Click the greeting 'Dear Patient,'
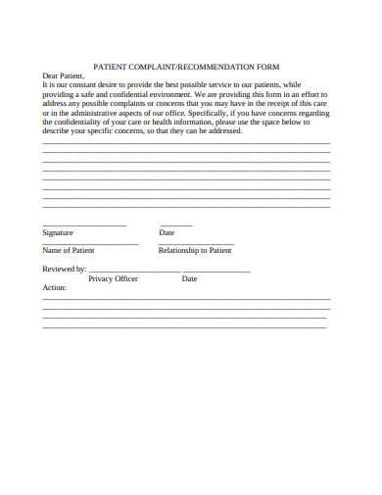(x=64, y=75)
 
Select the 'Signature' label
(x=58, y=233)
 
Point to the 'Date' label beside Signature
(x=167, y=233)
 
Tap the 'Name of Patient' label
(x=69, y=251)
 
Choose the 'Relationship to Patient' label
(x=195, y=251)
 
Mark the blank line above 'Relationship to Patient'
(x=196, y=243)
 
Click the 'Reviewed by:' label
(x=65, y=269)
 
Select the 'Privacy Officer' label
(x=113, y=279)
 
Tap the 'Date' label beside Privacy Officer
(x=189, y=279)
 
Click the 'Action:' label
(x=54, y=289)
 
